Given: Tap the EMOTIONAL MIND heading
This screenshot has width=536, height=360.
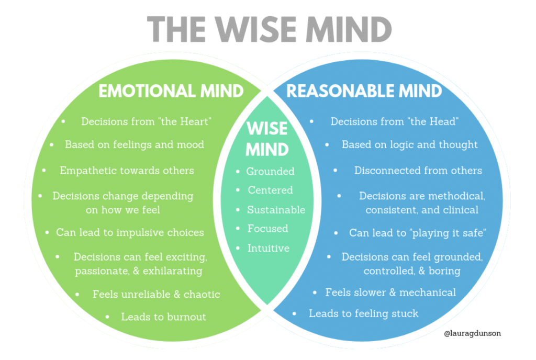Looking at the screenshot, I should tap(171, 91).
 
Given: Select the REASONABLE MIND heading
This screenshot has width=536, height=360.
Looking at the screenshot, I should tap(364, 91).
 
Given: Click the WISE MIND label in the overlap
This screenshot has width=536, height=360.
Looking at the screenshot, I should tap(267, 139).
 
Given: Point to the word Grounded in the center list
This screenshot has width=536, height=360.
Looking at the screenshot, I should tap(271, 171).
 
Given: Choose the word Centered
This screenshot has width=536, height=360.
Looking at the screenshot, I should tap(270, 190).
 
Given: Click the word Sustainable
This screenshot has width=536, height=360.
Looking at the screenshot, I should tap(276, 210).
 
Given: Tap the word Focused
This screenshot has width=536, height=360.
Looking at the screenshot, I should tap(267, 229).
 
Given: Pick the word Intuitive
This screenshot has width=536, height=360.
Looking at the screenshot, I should tap(268, 248).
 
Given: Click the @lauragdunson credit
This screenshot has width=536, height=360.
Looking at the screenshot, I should tap(472, 332).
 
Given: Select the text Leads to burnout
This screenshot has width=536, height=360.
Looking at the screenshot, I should tap(163, 317).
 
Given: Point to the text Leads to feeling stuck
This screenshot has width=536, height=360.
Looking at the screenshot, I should tap(363, 313).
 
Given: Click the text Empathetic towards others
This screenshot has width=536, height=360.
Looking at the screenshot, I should tap(127, 171).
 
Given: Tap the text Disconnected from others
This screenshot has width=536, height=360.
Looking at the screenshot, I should tap(418, 171).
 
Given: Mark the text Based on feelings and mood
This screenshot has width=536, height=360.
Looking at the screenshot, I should tap(135, 144).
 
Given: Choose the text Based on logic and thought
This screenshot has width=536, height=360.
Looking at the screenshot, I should tap(409, 144).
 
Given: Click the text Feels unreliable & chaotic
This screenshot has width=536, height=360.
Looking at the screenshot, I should tap(156, 294).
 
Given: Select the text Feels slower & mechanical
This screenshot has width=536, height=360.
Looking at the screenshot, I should tap(390, 292).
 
